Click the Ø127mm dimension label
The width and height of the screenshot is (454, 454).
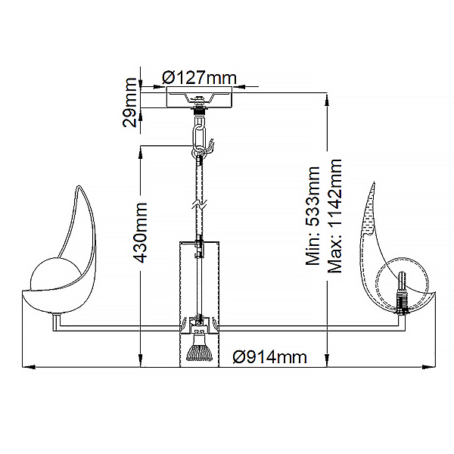click(x=199, y=77)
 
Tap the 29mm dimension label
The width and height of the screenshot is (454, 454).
click(x=129, y=102)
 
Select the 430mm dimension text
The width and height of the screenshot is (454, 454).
click(x=141, y=232)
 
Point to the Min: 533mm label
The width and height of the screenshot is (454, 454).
click(x=313, y=216)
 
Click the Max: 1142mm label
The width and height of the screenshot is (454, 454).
click(x=334, y=216)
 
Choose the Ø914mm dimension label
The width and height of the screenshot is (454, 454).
click(x=269, y=357)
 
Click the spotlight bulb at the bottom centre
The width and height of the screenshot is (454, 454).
click(x=199, y=350)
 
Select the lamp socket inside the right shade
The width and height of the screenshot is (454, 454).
click(x=402, y=293)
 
